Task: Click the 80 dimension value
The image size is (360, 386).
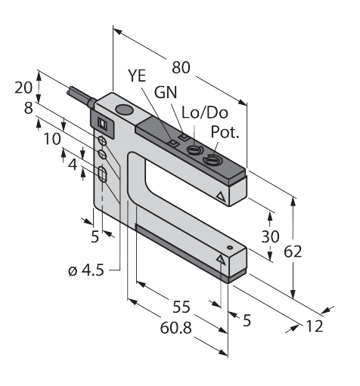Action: click(x=181, y=68)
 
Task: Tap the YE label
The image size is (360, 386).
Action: click(x=137, y=76)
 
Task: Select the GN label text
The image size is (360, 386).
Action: click(x=166, y=92)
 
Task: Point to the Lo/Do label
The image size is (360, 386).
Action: click(x=205, y=113)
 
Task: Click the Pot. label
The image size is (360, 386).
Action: click(x=225, y=131)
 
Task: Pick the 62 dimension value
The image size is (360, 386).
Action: click(x=293, y=252)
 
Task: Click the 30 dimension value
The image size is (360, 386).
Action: click(x=270, y=236)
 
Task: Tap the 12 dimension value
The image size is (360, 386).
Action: click(x=315, y=326)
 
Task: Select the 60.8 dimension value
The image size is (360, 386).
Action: click(x=176, y=328)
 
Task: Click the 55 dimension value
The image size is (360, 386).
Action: click(x=181, y=307)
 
